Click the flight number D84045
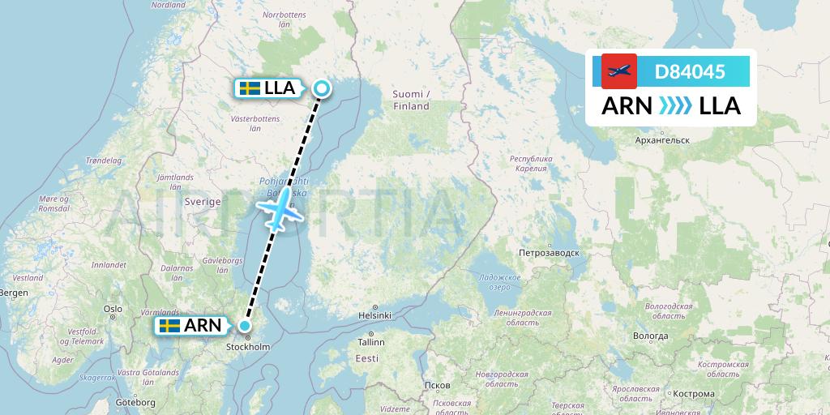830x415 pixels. coord(690,71)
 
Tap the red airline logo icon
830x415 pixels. coord(619,71)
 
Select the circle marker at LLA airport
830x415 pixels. coord(322,89)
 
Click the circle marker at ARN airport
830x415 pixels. coord(245,326)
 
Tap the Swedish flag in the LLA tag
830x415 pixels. coord(250,88)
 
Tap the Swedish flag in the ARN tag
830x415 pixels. coord(169,326)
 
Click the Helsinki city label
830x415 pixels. coord(374,315)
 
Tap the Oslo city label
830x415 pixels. coord(113,309)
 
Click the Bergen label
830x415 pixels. coord(13,292)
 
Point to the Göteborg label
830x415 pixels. coord(136,403)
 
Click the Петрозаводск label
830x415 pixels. coord(550,253)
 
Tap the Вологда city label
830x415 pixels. coord(652,336)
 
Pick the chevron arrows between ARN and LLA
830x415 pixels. coord(675,106)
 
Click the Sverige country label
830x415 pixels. coord(203,201)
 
